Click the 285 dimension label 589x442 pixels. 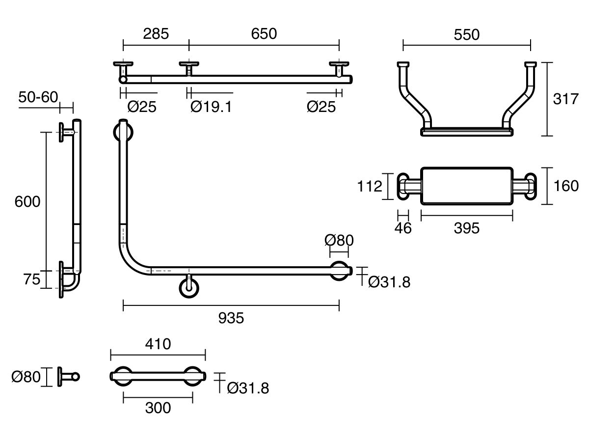pos(156,33)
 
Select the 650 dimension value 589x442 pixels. pos(264,33)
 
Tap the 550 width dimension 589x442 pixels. pos(466,34)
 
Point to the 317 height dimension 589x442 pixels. pos(565,99)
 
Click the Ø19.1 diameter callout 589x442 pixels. pos(211,107)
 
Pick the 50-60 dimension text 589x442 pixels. pos(38,97)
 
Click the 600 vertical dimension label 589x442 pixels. pos(27,201)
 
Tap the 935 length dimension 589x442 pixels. pos(231,318)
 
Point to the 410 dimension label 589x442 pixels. pos(158,344)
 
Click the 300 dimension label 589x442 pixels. pos(158,407)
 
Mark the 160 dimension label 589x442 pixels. pos(565,186)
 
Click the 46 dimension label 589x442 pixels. pos(403,228)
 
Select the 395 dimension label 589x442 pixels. pos(466,228)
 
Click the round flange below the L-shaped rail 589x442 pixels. pos(189,287)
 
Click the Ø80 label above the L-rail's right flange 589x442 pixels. pos(339,241)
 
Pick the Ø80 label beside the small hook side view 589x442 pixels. pos(25,377)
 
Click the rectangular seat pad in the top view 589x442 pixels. pos(467,186)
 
